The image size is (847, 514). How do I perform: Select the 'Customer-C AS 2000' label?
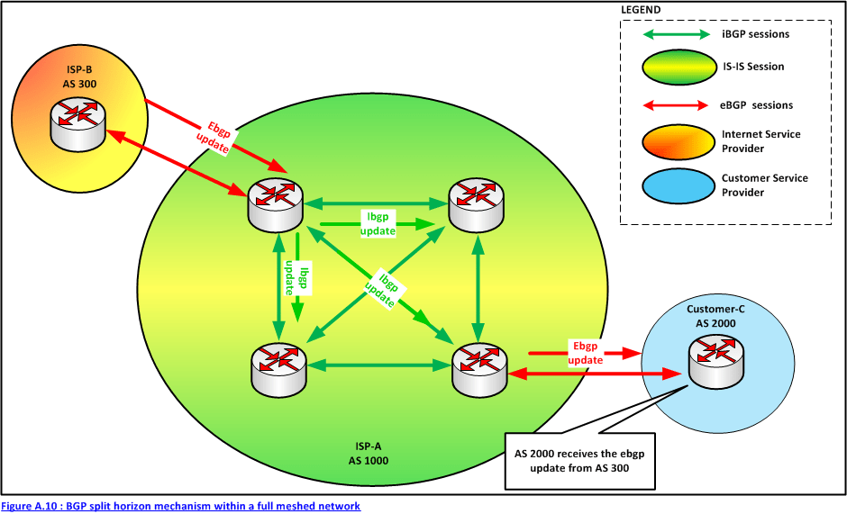[x=715, y=316]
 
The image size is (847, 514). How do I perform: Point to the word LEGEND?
[x=641, y=10]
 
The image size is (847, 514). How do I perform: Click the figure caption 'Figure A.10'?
[x=180, y=506]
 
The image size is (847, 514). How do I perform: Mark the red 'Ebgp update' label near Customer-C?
[x=585, y=352]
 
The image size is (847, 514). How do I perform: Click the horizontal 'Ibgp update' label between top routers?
[x=377, y=223]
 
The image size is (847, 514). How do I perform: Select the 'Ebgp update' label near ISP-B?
[x=213, y=136]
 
